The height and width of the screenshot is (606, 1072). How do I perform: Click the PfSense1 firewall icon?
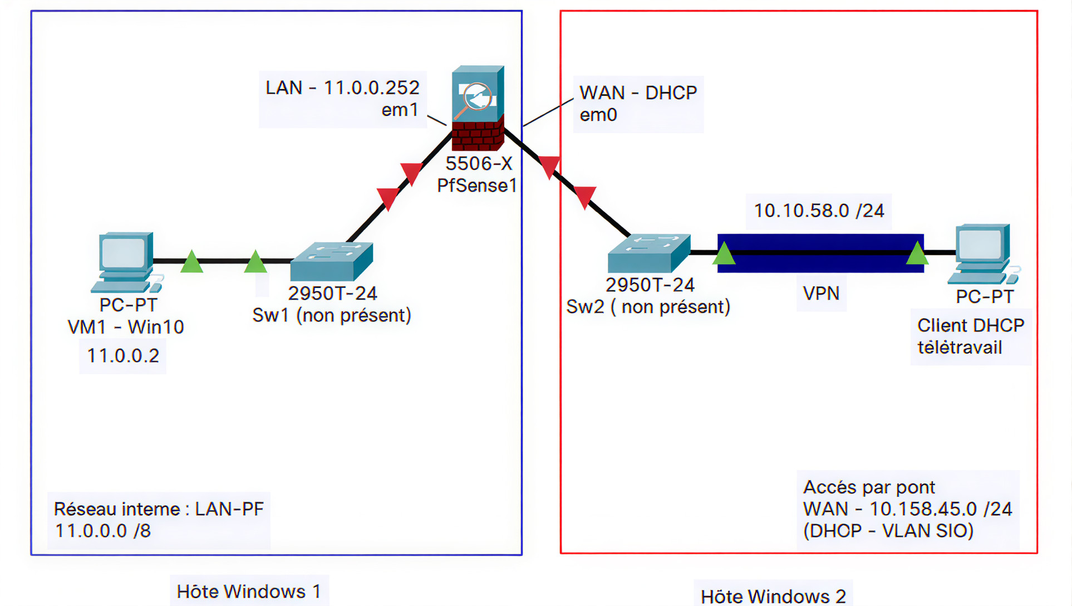pyautogui.click(x=478, y=109)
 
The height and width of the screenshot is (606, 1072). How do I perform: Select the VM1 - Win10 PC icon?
pyautogui.click(x=126, y=262)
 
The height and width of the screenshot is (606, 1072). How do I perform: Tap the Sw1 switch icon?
pyautogui.click(x=332, y=261)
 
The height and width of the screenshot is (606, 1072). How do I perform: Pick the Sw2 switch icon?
pyautogui.click(x=649, y=253)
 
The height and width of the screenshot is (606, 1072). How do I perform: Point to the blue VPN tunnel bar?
pyautogui.click(x=820, y=253)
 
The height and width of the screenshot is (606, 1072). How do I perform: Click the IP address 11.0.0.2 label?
pyautogui.click(x=123, y=355)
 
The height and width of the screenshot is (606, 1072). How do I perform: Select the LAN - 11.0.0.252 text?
pyautogui.click(x=342, y=88)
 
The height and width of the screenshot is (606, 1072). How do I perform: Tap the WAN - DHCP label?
pyautogui.click(x=638, y=92)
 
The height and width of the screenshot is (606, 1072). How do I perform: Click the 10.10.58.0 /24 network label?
pyautogui.click(x=819, y=211)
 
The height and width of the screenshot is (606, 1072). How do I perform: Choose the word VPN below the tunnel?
pyautogui.click(x=821, y=294)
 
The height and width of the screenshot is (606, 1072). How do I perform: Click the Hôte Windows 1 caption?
pyautogui.click(x=249, y=592)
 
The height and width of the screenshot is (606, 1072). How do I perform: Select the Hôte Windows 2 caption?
pyautogui.click(x=773, y=596)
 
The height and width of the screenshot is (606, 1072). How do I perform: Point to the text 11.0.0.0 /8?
pyautogui.click(x=103, y=531)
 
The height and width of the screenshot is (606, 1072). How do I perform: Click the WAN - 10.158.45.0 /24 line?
pyautogui.click(x=907, y=509)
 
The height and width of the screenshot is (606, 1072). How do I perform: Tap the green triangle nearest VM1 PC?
pyautogui.click(x=191, y=262)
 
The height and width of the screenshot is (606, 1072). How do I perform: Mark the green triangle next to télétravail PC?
pyautogui.click(x=917, y=254)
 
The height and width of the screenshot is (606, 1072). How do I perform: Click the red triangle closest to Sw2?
pyautogui.click(x=584, y=197)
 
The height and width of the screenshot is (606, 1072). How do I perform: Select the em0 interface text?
pyautogui.click(x=598, y=115)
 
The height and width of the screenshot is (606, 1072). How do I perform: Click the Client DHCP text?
pyautogui.click(x=970, y=325)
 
